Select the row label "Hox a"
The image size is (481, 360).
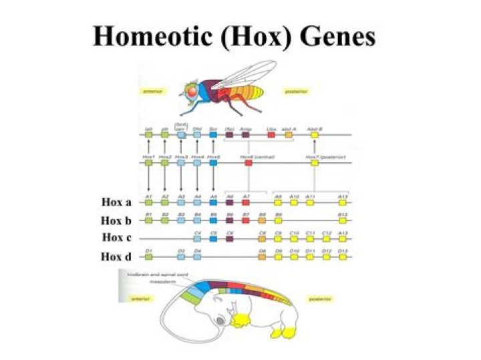coord(116,202)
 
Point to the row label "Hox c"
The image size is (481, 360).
coord(116,237)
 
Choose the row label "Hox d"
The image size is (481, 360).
coord(116,255)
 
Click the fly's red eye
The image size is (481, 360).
coord(192,90)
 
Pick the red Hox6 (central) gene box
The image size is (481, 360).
coord(248,162)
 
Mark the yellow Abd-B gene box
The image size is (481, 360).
coord(314,134)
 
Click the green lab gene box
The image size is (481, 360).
coord(148,134)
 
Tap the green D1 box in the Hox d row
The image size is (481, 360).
coord(148,256)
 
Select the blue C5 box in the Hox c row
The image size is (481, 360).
coord(213,238)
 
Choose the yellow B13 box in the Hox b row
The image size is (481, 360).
coord(343,219)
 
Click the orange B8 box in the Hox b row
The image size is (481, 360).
coord(262,219)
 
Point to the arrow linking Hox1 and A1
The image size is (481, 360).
coord(148,179)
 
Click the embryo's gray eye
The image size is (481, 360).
coord(220,321)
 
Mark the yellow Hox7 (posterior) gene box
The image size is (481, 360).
coord(314,162)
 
